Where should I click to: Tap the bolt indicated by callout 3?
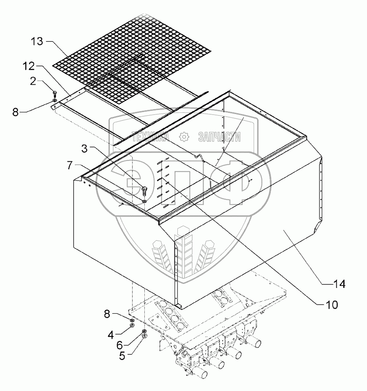click(144, 189)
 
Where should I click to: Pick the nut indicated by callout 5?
click(144, 336)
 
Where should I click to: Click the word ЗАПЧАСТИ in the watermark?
click(219, 137)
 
